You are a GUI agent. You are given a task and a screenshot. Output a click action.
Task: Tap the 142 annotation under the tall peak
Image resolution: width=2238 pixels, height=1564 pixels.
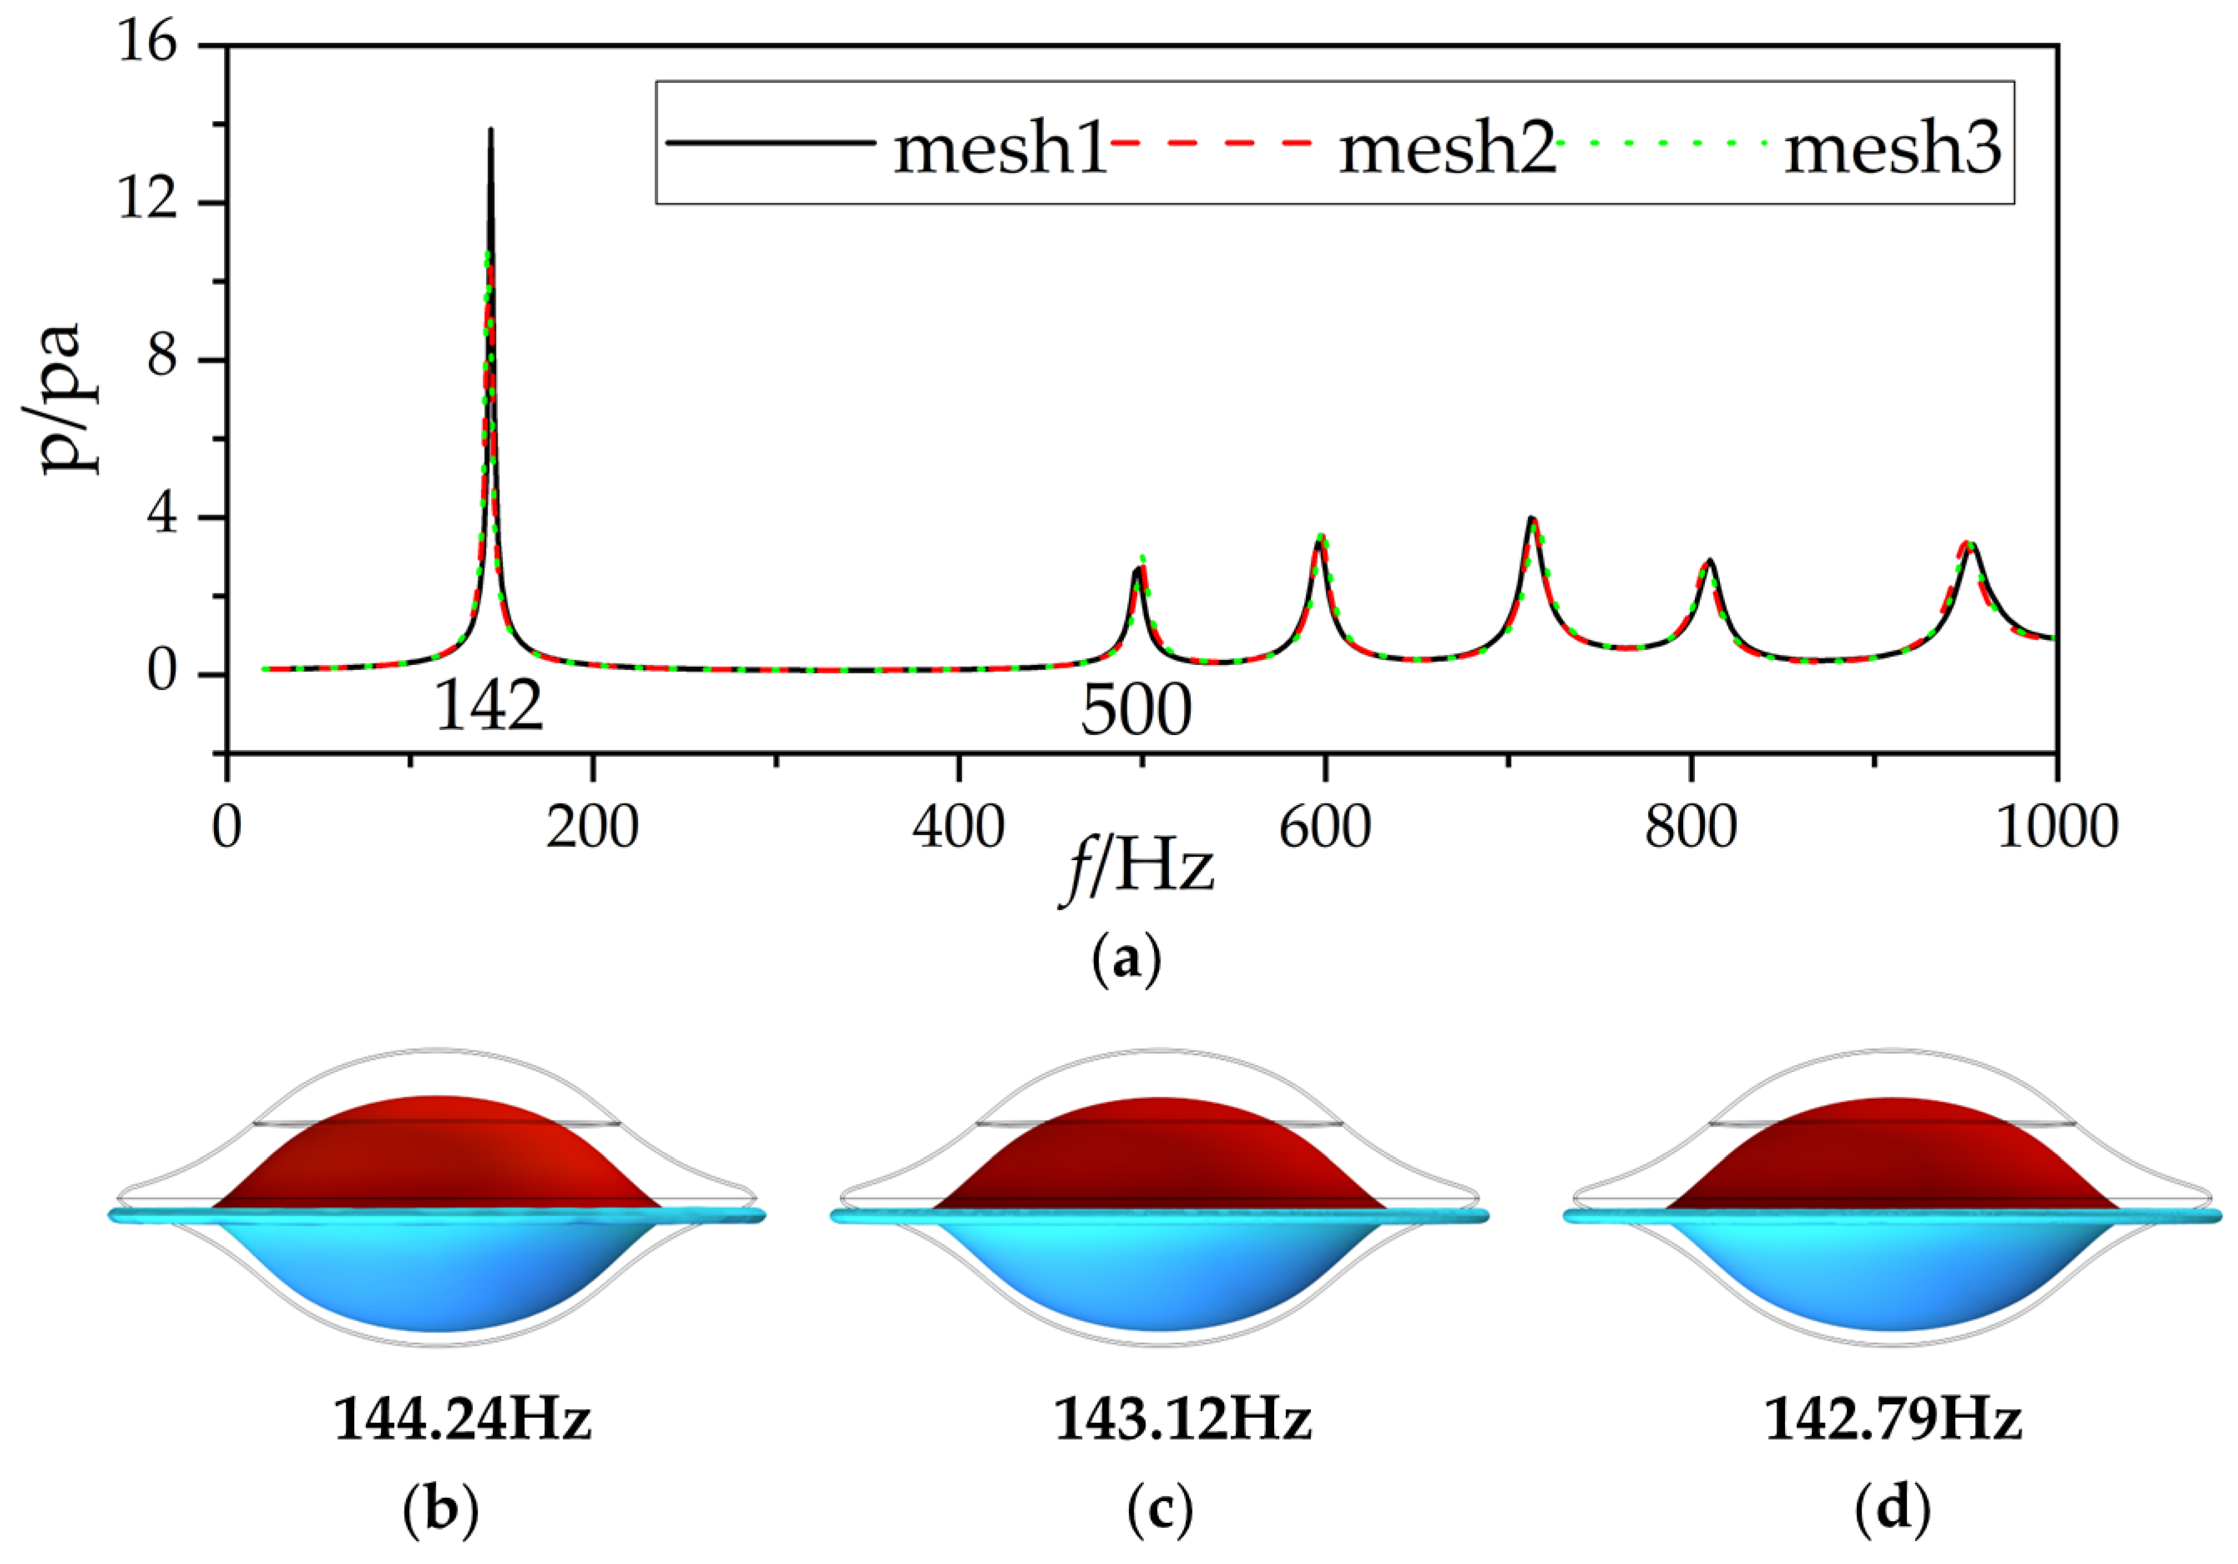click(488, 707)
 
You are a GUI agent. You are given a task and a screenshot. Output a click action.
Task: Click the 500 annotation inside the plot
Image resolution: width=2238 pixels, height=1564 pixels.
click(1136, 711)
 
